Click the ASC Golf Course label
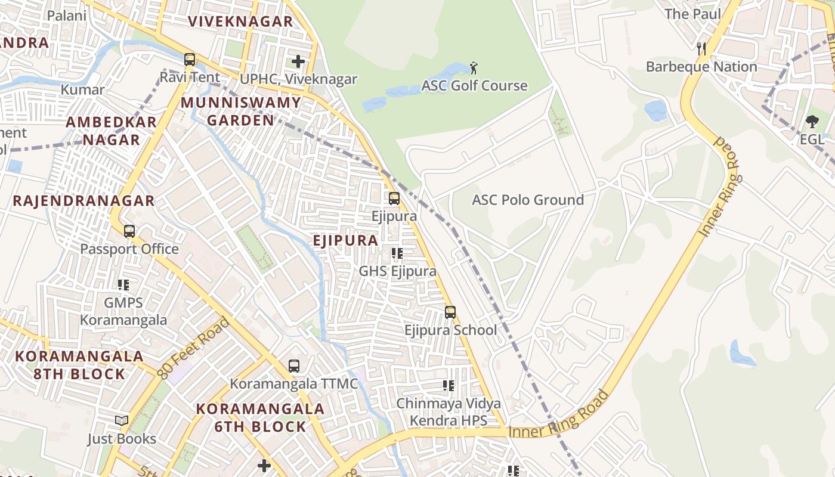(474, 85)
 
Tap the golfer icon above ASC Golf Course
(474, 67)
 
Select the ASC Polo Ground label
(528, 200)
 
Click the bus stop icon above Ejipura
(394, 199)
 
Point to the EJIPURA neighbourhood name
(345, 240)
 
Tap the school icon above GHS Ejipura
(397, 253)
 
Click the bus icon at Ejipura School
(450, 312)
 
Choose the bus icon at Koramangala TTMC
(294, 366)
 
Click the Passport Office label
(129, 249)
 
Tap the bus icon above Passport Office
(129, 231)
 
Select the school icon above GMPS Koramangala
(123, 285)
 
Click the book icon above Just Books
(122, 421)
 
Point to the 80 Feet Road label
(194, 348)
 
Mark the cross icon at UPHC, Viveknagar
(298, 61)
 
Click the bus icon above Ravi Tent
(190, 60)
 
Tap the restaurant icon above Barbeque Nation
(701, 49)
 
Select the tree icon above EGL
(812, 122)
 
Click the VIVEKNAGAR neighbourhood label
(240, 21)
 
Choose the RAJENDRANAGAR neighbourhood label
(83, 200)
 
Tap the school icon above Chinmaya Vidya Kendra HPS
(449, 386)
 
